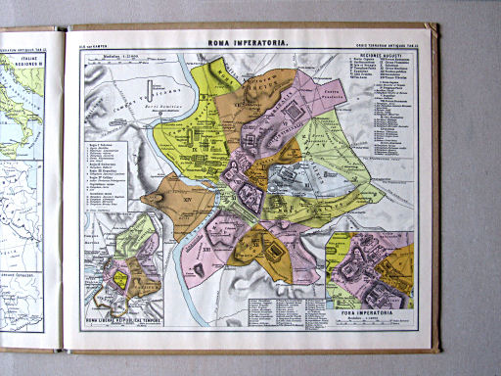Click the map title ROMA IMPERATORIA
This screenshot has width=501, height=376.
click(245, 43)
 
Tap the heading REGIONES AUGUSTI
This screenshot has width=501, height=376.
click(377, 83)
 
